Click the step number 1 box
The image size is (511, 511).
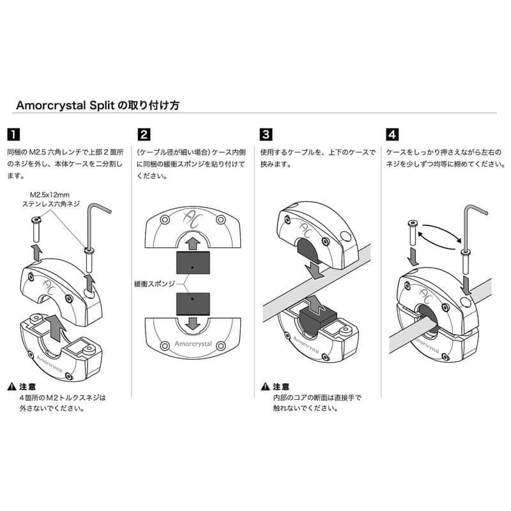coord(13,135)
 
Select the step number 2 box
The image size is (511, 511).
coord(144,135)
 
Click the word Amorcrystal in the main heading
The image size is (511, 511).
coord(48,105)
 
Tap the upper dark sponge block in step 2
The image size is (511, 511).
coord(193,263)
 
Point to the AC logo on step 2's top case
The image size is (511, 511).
coord(193,220)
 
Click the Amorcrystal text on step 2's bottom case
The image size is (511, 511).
coord(194,343)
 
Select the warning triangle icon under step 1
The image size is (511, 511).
coord(12,387)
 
